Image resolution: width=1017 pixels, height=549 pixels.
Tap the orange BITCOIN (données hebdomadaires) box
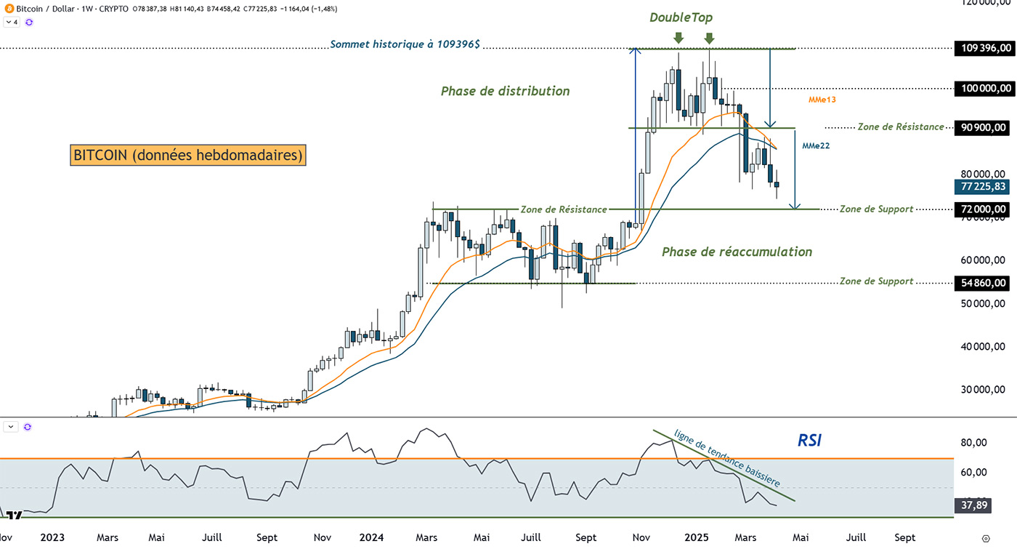tap(188, 155)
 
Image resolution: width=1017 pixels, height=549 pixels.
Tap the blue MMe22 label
tap(816, 145)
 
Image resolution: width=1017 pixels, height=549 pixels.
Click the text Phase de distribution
tap(505, 92)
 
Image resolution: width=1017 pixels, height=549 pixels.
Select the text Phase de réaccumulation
tap(737, 252)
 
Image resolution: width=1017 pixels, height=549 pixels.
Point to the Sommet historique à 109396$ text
tap(405, 44)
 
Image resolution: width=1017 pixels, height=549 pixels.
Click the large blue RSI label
tap(809, 440)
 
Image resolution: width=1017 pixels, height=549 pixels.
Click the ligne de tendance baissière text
tap(727, 459)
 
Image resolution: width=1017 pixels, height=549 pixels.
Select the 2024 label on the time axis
tap(371, 537)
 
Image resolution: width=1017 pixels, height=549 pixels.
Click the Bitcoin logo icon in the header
tap(8, 7)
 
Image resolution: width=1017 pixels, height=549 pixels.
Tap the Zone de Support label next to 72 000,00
tap(876, 209)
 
